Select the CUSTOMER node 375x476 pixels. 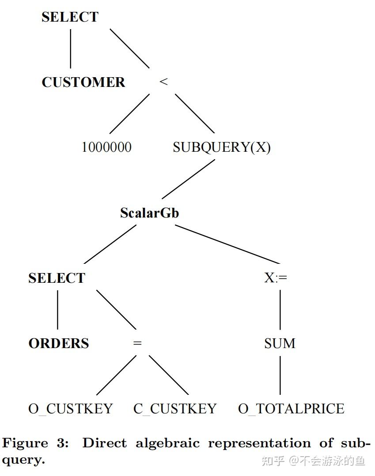pos(83,82)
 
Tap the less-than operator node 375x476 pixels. pos(163,82)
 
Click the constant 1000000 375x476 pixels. pos(106,147)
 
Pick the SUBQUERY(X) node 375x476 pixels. pos(221,147)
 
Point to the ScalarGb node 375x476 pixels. pos(149,213)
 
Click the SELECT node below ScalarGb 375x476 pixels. pos(57,278)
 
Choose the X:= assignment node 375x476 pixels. pos(276,278)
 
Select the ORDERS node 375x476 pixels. pos(59,343)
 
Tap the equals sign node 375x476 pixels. pos(137,343)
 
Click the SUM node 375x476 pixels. pos(280,343)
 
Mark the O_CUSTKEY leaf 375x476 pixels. pos(71,409)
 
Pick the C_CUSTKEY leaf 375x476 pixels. pos(175,409)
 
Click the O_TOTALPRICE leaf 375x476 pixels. pos(291,409)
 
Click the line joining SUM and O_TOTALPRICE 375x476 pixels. pos(280,375)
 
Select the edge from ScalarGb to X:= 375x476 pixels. pos(227,245)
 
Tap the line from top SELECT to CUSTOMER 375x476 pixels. pos(70,49)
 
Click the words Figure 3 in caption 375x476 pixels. pos(36,443)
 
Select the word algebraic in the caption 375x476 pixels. pos(168,443)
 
